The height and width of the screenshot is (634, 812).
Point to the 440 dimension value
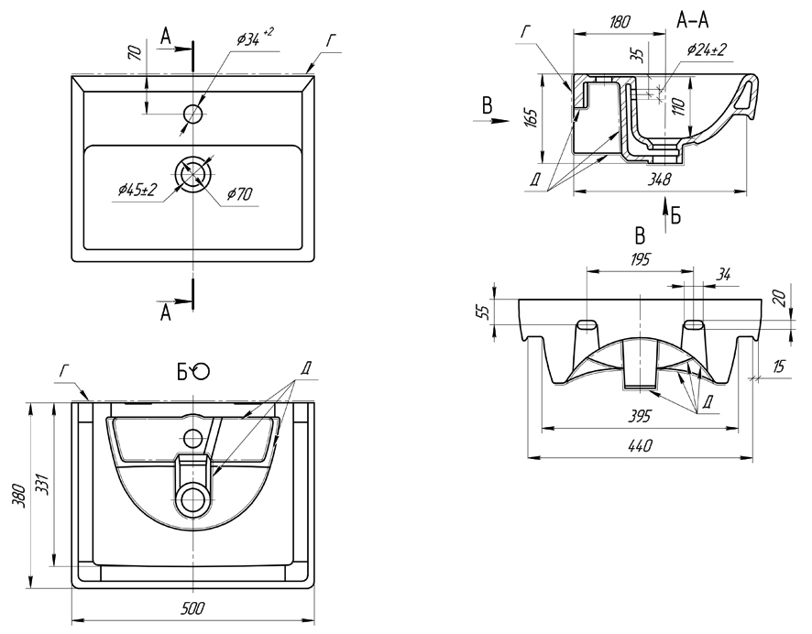640,446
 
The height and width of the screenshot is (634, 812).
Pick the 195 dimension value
640,260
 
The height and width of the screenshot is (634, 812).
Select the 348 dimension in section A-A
660,180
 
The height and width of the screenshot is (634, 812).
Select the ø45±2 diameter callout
137,190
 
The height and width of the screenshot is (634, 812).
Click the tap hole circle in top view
193,114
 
